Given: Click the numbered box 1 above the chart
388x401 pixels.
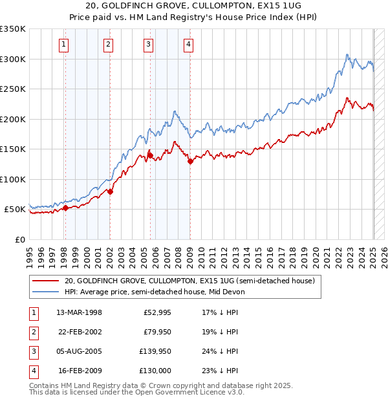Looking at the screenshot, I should click(65, 45).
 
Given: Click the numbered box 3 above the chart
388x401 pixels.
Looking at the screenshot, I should click(149, 45).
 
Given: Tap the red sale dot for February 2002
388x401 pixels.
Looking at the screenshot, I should click(110, 191).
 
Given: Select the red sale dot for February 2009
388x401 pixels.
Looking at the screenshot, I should click(190, 162).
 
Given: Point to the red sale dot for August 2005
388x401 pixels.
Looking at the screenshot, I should click(150, 155).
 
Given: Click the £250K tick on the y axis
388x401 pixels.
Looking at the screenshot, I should click(13, 89).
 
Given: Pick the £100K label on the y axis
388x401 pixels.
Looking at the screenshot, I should click(13, 179).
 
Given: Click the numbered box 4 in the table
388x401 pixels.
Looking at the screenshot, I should click(32, 371).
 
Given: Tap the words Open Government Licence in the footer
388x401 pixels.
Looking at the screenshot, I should click(191, 393).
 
